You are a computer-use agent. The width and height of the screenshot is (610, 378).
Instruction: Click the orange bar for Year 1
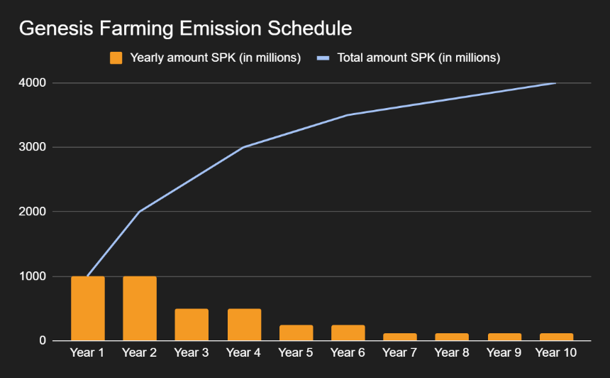[88, 308]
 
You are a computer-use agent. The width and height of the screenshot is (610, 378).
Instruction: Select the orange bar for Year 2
[140, 308]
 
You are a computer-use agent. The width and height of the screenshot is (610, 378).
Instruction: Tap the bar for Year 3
[192, 325]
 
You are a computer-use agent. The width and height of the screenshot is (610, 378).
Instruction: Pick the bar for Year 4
[244, 325]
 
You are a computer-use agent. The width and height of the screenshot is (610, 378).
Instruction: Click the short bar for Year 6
[348, 333]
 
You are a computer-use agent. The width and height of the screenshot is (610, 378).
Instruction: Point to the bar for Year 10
[556, 337]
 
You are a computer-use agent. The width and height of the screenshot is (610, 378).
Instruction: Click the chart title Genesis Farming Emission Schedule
[186, 28]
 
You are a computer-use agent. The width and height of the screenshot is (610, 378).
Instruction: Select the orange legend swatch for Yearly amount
[116, 58]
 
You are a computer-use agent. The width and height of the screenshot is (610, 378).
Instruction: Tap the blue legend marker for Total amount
[323, 58]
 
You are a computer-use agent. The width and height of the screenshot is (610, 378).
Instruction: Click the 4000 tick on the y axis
[33, 82]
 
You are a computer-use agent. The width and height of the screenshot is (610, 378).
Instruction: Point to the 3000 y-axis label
[33, 147]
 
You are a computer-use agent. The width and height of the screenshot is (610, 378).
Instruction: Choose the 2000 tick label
[33, 211]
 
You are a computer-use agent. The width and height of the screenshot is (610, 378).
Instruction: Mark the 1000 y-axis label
[33, 276]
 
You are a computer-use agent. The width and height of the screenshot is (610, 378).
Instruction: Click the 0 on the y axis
[43, 340]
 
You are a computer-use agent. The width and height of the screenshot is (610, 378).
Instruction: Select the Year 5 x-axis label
[296, 352]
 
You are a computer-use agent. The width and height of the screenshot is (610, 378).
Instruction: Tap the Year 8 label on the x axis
[452, 352]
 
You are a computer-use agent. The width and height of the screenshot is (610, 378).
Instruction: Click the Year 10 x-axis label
[556, 352]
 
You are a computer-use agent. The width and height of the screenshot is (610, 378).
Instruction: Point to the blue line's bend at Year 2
[140, 212]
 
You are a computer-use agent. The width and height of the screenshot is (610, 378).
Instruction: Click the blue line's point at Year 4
[244, 147]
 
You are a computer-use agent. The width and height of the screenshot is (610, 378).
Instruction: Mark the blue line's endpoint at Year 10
[555, 83]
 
